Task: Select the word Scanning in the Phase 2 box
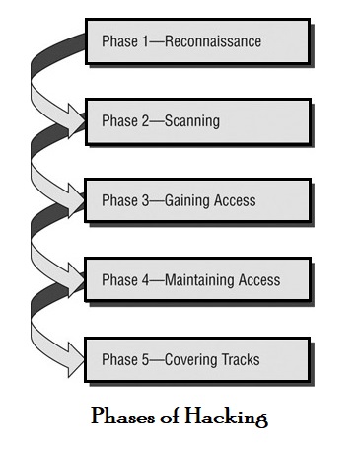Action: [x=190, y=121]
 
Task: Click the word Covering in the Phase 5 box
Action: [x=189, y=359]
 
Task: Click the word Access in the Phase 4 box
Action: [x=257, y=280]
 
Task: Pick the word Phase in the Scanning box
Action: [x=120, y=121]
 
